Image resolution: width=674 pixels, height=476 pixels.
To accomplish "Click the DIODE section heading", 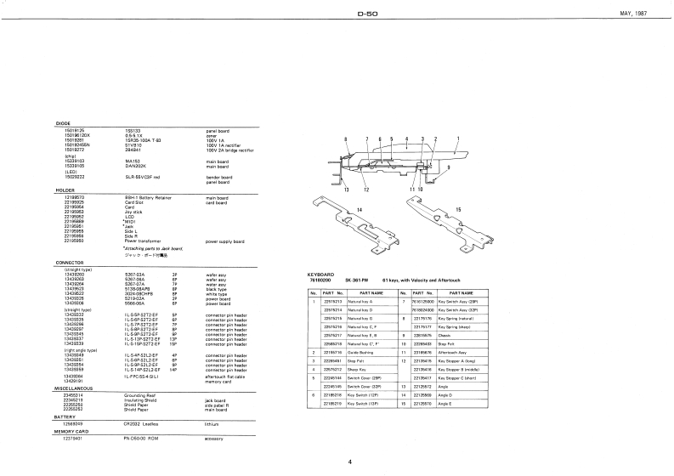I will coord(62,122).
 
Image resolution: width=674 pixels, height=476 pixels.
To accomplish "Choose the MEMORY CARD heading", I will coord(71,432).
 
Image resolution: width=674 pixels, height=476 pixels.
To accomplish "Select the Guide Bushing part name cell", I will coord(364,351).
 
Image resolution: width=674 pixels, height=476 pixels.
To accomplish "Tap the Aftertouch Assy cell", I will coord(453,351).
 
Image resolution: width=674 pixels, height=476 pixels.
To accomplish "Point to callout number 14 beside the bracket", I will coord(359,209).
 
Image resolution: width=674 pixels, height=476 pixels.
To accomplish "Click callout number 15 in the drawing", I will coord(459,209).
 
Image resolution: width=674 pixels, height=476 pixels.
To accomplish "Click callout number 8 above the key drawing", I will coord(347,138).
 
